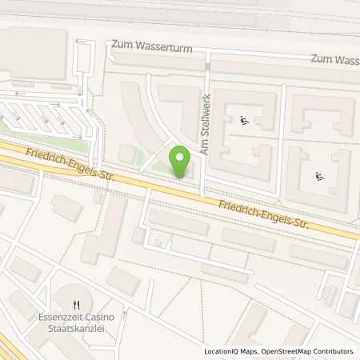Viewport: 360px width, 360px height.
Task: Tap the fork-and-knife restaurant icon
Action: click(77, 304)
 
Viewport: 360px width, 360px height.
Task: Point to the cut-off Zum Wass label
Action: click(334, 60)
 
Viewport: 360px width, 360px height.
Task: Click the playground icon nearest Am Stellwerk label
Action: click(243, 122)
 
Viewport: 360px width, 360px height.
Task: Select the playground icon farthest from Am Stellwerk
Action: click(319, 177)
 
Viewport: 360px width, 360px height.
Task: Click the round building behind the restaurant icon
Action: click(78, 296)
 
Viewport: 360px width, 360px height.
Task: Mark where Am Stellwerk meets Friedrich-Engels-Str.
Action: click(203, 192)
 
